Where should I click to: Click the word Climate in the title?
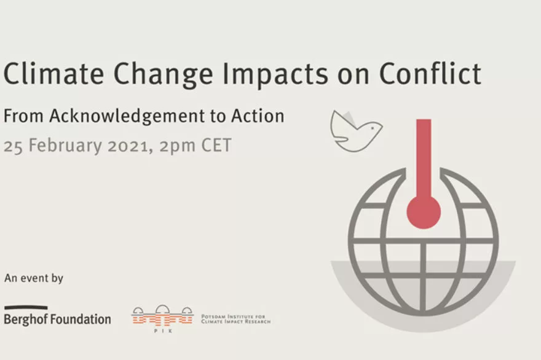pyautogui.click(x=54, y=74)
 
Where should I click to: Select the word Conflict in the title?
pyautogui.click(x=430, y=73)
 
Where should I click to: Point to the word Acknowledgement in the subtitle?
pyautogui.click(x=127, y=116)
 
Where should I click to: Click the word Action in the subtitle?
pyautogui.click(x=258, y=116)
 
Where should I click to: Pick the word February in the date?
pyautogui.click(x=65, y=146)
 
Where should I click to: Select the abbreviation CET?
pyautogui.click(x=216, y=145)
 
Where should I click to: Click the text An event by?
pyautogui.click(x=34, y=278)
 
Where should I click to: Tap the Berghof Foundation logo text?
pyautogui.click(x=57, y=319)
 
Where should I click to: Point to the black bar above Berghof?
pyautogui.click(x=26, y=307)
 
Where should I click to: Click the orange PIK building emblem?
pyautogui.click(x=162, y=315)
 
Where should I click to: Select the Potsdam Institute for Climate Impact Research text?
pyautogui.click(x=235, y=319)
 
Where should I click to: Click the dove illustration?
pyautogui.click(x=355, y=131)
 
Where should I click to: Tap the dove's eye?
pyautogui.click(x=373, y=128)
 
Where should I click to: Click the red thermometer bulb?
pyautogui.click(x=424, y=212)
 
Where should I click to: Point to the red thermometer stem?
pyautogui.click(x=424, y=158)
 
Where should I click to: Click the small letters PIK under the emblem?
pyautogui.click(x=163, y=331)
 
